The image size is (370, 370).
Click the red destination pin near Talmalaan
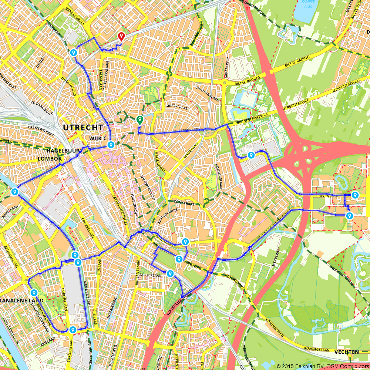coord(121,36)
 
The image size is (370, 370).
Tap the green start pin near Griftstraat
coord(139,120)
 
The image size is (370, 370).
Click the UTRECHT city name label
coord(83,128)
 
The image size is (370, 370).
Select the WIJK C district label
coord(98,138)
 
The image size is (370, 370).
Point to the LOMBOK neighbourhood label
coord(49,158)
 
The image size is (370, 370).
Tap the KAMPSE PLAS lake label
coord(307,4)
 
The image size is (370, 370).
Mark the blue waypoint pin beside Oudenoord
coord(74,53)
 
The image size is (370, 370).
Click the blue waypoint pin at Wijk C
coord(111,145)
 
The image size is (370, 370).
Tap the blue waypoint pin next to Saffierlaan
coord(170,273)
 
